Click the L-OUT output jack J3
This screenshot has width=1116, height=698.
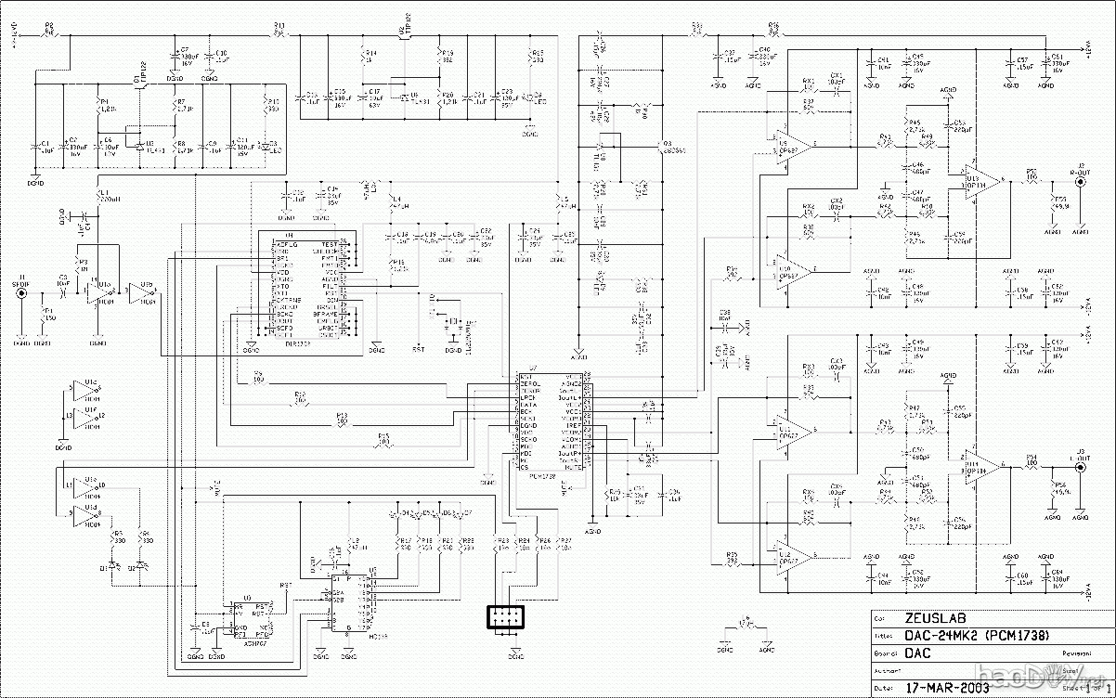(1079, 468)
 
